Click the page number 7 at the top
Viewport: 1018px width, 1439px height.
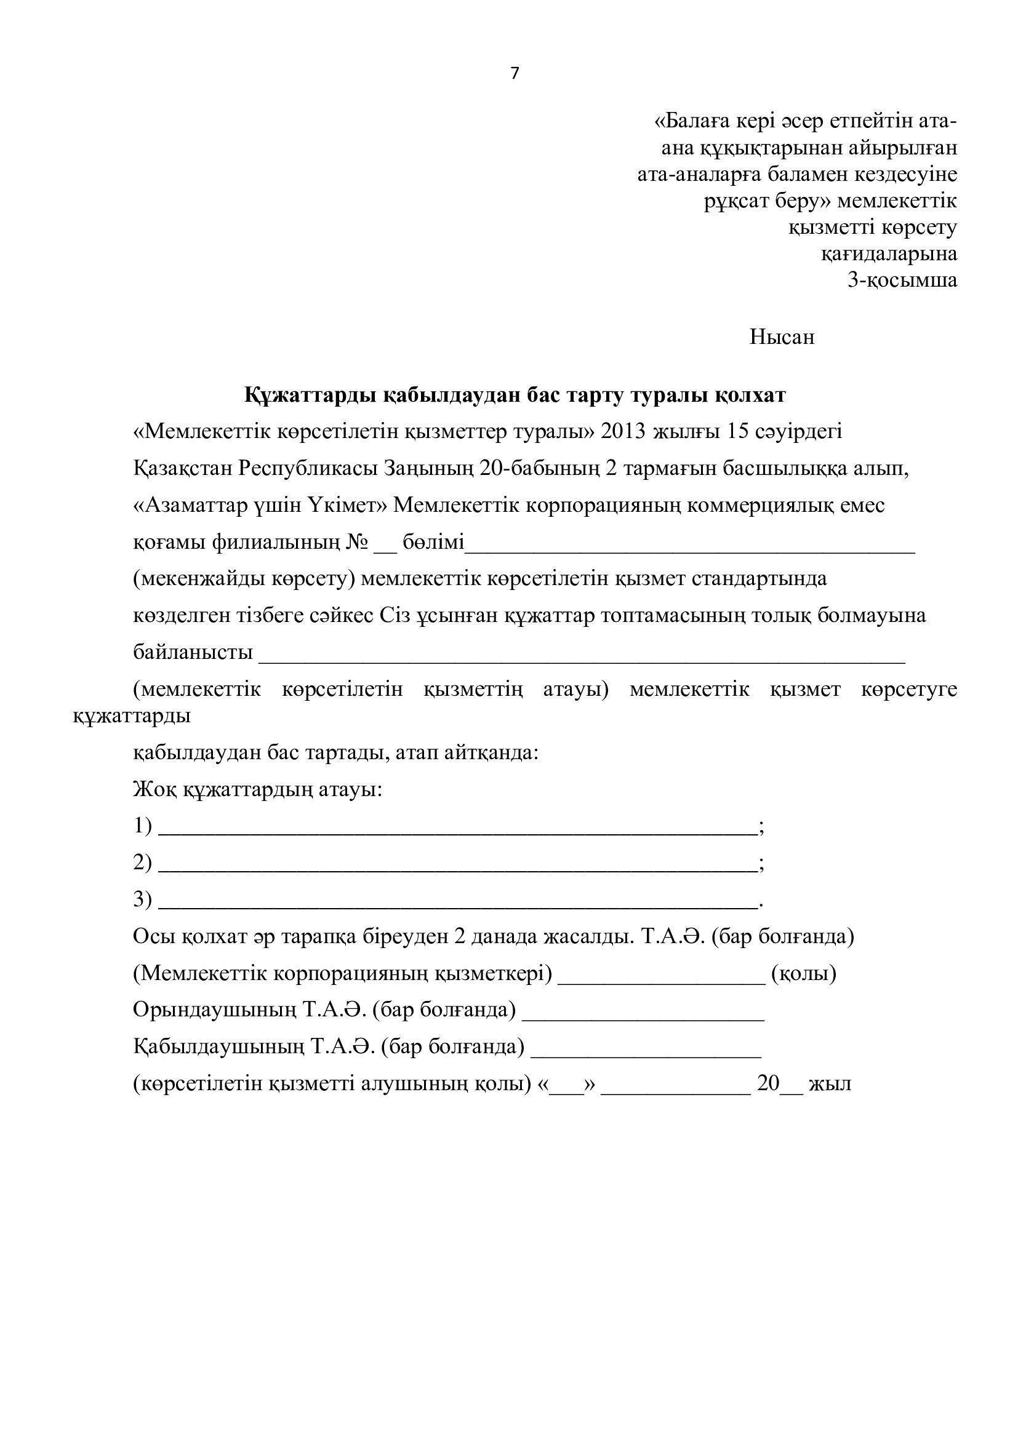pos(515,74)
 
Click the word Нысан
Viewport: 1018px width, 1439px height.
pos(782,338)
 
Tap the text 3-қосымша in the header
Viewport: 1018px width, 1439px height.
pos(902,280)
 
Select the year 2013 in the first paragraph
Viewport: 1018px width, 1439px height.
pos(623,432)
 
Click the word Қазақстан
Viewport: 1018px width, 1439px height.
pos(182,469)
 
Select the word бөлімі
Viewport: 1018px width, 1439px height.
pos(433,542)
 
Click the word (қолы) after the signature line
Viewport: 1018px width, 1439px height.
pos(804,973)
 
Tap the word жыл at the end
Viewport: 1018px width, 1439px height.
pos(830,1083)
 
